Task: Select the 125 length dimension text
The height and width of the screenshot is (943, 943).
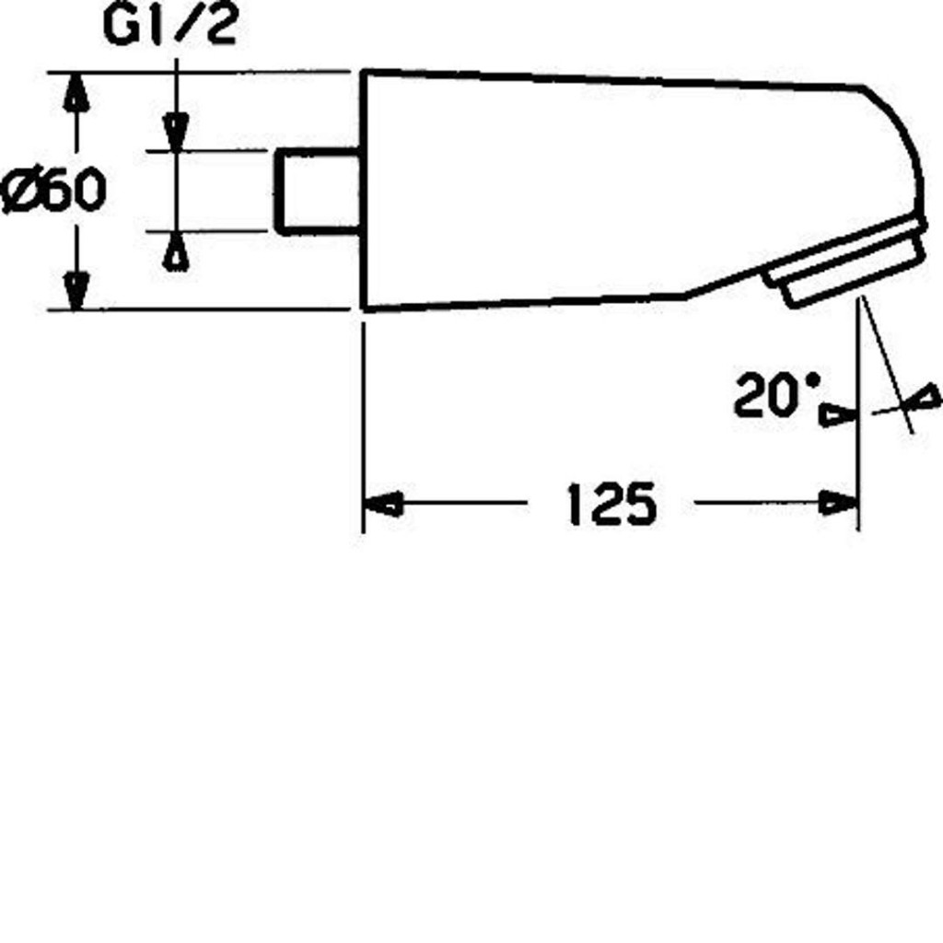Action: pyautogui.click(x=611, y=504)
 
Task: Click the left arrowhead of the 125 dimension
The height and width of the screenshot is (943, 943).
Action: pyautogui.click(x=384, y=504)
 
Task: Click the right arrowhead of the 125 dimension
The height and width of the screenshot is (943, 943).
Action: pyautogui.click(x=839, y=503)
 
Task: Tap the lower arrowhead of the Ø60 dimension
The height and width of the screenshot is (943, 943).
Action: pyautogui.click(x=76, y=290)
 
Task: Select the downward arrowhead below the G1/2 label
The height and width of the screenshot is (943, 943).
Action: pyautogui.click(x=176, y=132)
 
